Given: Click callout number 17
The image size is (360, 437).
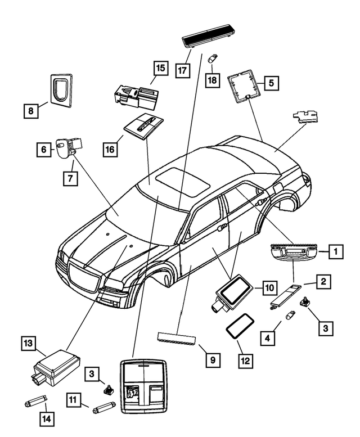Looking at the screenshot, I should (182, 71).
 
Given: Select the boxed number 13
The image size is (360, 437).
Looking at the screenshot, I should (28, 342).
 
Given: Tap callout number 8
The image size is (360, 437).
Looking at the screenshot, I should (31, 111).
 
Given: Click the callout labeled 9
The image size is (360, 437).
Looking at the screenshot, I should (213, 358).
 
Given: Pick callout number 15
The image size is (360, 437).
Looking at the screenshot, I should (160, 68).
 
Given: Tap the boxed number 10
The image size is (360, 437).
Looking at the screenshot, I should (268, 287).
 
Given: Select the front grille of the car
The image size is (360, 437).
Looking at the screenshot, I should (84, 276).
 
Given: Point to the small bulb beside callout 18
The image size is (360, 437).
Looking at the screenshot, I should (214, 57).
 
